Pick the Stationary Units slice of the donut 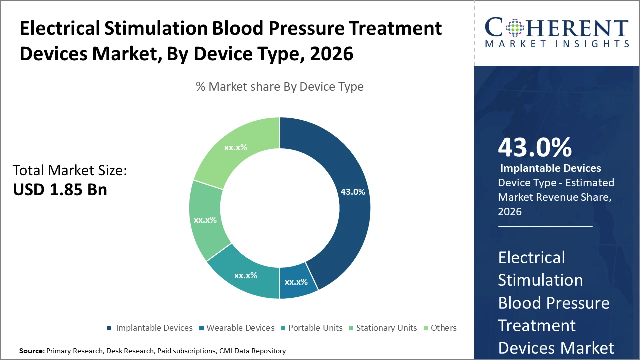pos(205,220)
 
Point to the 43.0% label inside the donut pos(353,191)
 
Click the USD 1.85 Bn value pos(60,190)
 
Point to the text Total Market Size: pos(70,171)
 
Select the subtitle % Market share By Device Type pos(279,87)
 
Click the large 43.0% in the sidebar pos(535,147)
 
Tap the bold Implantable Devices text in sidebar pos(550,168)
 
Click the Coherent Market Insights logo pos(556,32)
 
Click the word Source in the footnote pos(31,351)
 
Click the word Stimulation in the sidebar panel pos(540,280)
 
